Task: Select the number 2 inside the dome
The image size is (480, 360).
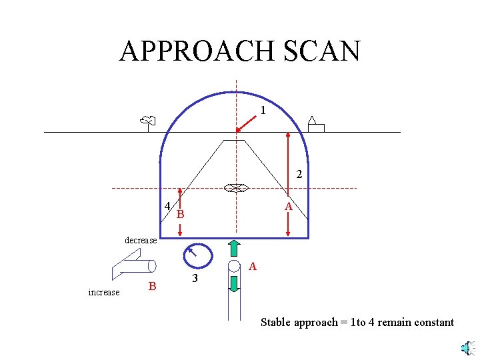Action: pyautogui.click(x=299, y=175)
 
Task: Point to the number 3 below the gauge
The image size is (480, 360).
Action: pyautogui.click(x=195, y=278)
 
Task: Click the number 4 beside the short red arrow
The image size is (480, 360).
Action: pyautogui.click(x=167, y=205)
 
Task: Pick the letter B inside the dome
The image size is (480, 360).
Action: pyautogui.click(x=180, y=215)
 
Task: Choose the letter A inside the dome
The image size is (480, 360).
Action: pyautogui.click(x=288, y=207)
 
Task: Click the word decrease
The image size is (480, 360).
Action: pyautogui.click(x=141, y=240)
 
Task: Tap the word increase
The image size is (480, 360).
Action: pyautogui.click(x=103, y=292)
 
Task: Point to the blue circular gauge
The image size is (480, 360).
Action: pyautogui.click(x=197, y=255)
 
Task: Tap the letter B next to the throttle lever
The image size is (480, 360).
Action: pyautogui.click(x=152, y=287)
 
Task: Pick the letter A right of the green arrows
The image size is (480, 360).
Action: pyautogui.click(x=252, y=267)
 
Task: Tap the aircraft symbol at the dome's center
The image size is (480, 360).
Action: pyautogui.click(x=235, y=189)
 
